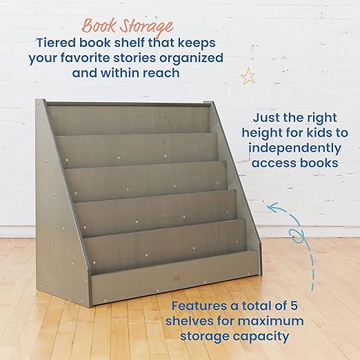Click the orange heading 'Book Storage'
coord(128,28)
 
